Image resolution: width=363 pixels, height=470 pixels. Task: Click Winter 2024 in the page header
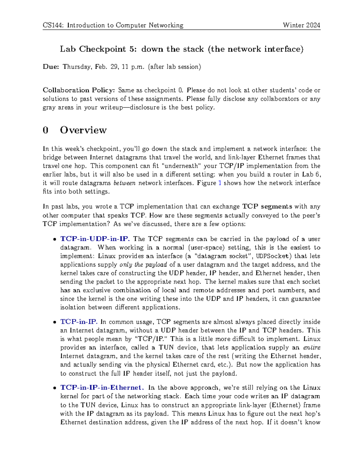point(301,25)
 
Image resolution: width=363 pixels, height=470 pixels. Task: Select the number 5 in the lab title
point(132,49)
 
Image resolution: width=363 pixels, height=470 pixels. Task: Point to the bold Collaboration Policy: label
point(79,90)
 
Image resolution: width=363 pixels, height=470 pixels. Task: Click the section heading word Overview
point(83,130)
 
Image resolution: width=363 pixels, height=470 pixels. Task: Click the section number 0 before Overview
point(45,130)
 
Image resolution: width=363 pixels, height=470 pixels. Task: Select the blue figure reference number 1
point(220,183)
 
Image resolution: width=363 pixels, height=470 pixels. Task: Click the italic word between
point(124,183)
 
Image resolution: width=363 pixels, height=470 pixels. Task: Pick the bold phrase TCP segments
point(267,207)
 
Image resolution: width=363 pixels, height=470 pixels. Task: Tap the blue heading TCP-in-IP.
point(79,322)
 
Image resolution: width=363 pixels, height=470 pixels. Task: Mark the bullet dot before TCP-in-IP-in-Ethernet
point(54,388)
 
